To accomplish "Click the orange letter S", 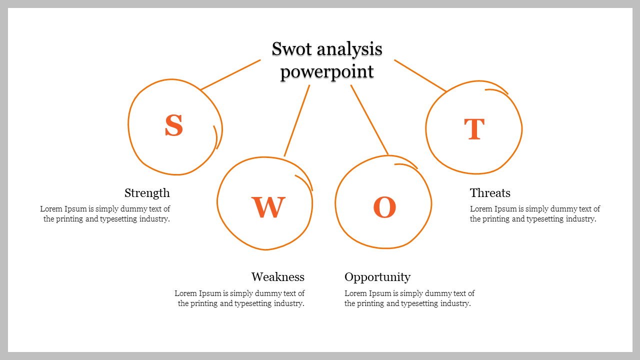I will [174, 125].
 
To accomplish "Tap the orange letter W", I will [268, 207].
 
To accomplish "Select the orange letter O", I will [384, 207].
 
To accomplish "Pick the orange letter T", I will [474, 129].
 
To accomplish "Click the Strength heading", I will [147, 193].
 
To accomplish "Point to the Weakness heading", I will [277, 277].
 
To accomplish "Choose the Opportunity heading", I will [377, 277].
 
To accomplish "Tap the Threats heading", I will [490, 193].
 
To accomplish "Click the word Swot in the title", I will [290, 49].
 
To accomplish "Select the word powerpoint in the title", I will [327, 71].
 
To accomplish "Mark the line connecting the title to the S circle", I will [230, 75].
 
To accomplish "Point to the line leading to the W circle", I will [297, 120].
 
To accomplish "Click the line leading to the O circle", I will [369, 119].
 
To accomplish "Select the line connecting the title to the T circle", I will [420, 75].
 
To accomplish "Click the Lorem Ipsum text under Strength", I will [105, 214].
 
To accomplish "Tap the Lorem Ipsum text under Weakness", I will [240, 298].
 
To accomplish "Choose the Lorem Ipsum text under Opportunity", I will [409, 298].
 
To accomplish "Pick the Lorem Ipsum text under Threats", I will [534, 214].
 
